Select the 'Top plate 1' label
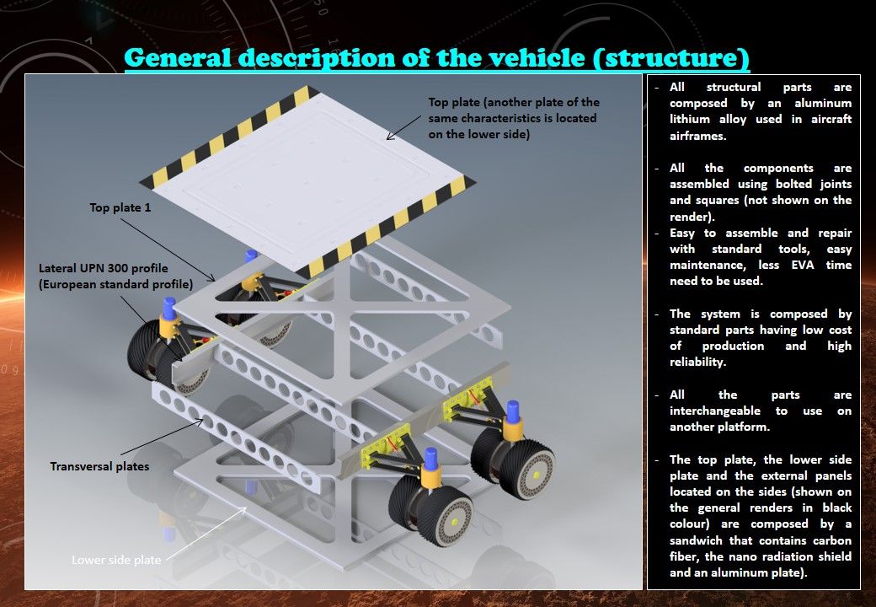120,207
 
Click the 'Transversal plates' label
99,465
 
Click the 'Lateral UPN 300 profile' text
104,268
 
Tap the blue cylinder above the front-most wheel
431,459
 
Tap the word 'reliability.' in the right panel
698,362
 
